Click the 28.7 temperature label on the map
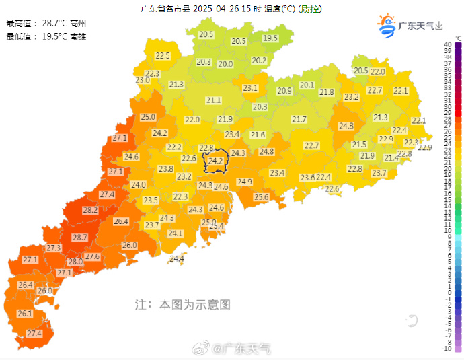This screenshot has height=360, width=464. [x=80, y=238]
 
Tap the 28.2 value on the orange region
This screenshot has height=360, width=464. [x=90, y=211]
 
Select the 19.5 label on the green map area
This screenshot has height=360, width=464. [x=270, y=38]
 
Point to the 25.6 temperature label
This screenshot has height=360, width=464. [x=261, y=197]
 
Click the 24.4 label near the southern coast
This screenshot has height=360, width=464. [x=177, y=258]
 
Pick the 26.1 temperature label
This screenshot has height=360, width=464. [x=25, y=314]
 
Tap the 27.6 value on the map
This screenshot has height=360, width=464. [x=92, y=256]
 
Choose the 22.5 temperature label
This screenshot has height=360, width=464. [x=163, y=56]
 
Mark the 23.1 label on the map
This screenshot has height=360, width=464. [x=250, y=88]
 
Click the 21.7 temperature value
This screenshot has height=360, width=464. [x=299, y=119]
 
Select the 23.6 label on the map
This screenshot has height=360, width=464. [x=307, y=177]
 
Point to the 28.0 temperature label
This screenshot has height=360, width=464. [x=75, y=262]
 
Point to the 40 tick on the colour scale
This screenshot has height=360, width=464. [x=447, y=44]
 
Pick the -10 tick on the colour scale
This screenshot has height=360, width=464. [x=447, y=348]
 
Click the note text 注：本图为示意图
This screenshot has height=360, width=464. [x=182, y=305]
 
